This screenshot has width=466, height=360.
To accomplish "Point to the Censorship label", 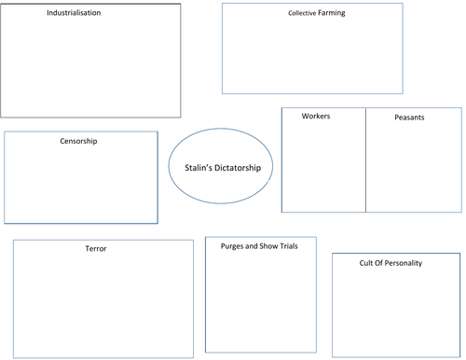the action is click(78, 142).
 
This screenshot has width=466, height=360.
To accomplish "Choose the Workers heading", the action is click(316, 117).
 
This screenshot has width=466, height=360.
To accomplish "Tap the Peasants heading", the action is click(410, 118).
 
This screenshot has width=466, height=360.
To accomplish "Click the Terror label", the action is click(95, 249).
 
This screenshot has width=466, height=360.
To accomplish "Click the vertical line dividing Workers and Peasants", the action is click(365, 163).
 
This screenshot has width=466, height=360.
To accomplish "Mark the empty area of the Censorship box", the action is click(81, 187).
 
